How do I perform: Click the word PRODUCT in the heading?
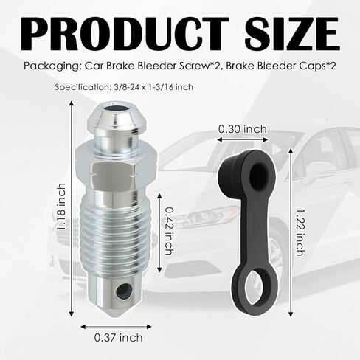[x=125, y=33]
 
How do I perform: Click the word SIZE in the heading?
[x=292, y=33]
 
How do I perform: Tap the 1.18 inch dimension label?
[x=61, y=207]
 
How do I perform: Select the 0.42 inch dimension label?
[x=170, y=231]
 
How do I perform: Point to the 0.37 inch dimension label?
[x=119, y=338]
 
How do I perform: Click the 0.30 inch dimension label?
[x=243, y=129]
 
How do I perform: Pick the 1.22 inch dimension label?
[x=300, y=232]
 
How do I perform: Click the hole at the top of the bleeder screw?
[x=117, y=109]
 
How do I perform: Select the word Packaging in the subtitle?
[x=52, y=66]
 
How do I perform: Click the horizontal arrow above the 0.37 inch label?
[x=116, y=327]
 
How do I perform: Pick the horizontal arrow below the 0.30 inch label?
[x=243, y=139]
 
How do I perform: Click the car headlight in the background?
[x=212, y=214]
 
